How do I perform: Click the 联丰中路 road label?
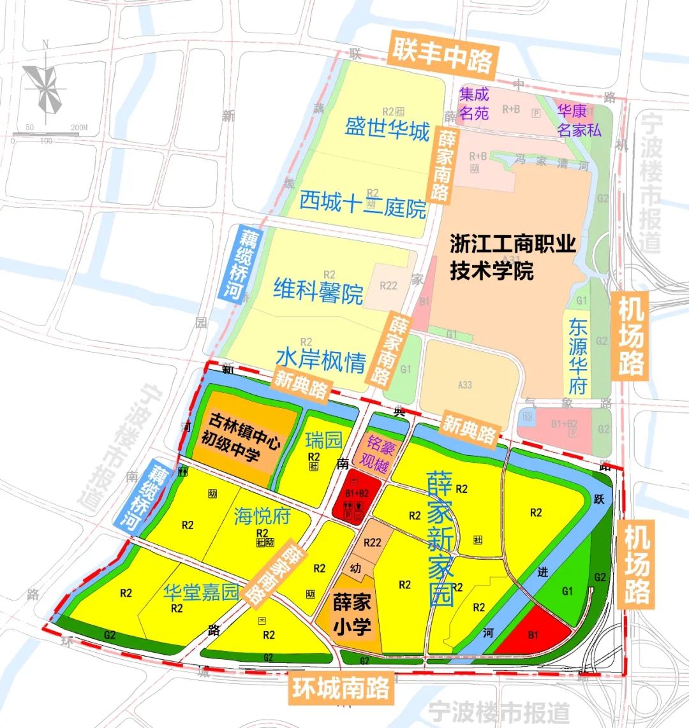[x=442, y=54]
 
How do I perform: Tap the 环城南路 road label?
[x=341, y=689]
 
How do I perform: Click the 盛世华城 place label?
[x=387, y=130]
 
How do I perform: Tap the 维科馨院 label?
[x=318, y=291]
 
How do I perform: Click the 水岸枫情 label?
[x=321, y=361]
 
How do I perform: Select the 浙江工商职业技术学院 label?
[x=513, y=258]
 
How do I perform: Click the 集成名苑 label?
[x=474, y=103]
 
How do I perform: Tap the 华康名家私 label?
[x=579, y=120]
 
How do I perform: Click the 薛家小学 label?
[x=352, y=615]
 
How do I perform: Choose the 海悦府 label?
[x=262, y=515]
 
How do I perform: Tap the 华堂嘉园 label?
[x=200, y=592]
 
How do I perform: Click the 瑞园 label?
[x=323, y=440]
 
